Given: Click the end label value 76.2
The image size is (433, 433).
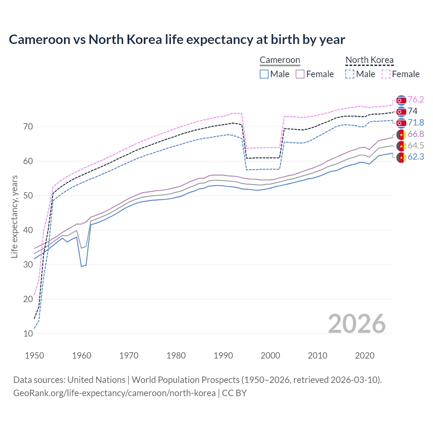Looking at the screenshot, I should (416, 99).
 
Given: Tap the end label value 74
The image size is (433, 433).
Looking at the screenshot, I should (413, 111).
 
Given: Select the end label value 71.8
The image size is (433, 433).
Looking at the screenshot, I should (416, 122).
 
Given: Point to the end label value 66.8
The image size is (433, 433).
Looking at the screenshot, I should (416, 134).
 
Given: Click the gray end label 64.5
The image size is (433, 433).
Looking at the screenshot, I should (416, 145).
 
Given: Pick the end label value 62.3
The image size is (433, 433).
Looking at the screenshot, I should (416, 157).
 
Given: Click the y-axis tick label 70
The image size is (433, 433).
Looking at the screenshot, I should (28, 127).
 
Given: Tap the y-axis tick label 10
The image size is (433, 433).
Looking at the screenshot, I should (28, 334).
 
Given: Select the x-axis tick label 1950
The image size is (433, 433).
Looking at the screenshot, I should (35, 356).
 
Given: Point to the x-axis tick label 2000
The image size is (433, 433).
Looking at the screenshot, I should (270, 356).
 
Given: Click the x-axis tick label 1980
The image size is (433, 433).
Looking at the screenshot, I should (176, 356).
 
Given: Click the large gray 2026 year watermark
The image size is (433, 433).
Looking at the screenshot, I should (357, 324).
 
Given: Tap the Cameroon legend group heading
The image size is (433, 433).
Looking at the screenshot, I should (280, 60).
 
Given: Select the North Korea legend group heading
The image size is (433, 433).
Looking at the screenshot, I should (369, 60).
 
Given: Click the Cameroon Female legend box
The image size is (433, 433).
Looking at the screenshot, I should (300, 74).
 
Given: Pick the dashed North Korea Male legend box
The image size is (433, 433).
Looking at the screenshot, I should (350, 74).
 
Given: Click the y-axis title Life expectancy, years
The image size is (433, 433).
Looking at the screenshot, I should (14, 216).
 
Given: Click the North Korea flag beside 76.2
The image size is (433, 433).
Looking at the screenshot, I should (401, 100).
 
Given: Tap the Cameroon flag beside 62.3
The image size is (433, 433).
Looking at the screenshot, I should (401, 158).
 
